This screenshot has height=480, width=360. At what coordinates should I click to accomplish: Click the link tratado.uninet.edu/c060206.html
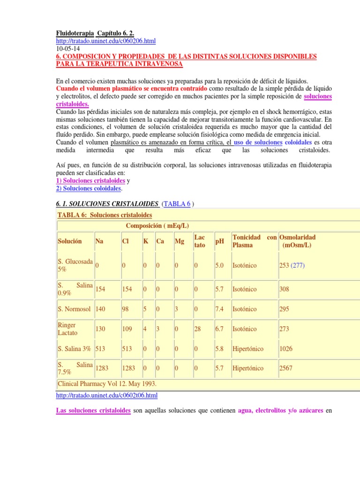105,41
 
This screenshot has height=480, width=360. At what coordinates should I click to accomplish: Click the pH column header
219,241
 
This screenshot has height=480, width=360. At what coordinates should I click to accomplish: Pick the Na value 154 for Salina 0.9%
100,290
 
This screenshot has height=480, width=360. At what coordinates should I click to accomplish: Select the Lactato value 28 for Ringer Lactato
197,329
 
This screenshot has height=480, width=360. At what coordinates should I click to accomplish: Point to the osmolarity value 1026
286,349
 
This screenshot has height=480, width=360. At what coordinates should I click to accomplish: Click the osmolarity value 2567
286,368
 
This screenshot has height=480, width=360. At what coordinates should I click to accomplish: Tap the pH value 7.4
219,309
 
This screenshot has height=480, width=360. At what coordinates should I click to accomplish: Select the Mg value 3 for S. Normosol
176,309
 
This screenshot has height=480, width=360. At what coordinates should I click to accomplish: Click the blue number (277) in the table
298,265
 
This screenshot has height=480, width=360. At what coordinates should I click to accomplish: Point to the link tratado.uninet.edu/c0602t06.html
107,396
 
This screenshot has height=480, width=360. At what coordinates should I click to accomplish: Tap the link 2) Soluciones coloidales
89,188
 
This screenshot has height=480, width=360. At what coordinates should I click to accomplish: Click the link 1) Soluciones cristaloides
90,180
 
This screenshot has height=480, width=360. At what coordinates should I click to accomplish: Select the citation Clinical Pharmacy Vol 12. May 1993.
107,383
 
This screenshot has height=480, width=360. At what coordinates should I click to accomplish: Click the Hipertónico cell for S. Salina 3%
248,349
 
